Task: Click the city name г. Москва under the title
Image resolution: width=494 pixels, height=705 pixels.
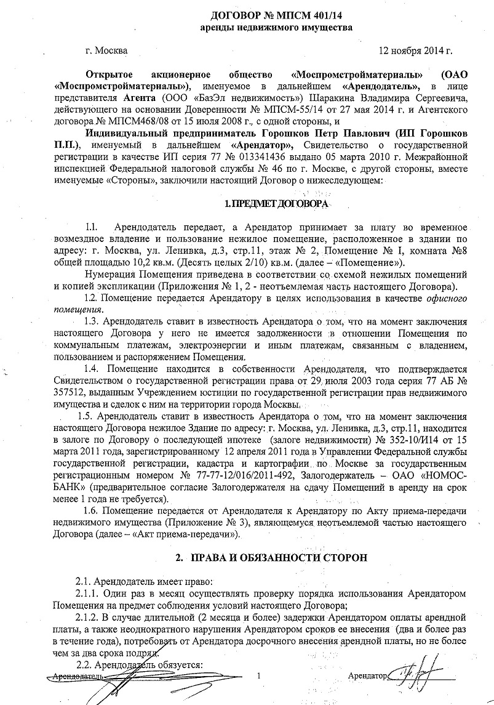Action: (x=107, y=51)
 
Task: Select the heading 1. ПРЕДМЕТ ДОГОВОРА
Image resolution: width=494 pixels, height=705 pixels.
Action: (x=277, y=203)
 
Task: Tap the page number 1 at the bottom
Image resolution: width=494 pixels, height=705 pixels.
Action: (x=260, y=676)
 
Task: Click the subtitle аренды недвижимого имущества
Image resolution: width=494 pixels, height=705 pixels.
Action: (x=277, y=28)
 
